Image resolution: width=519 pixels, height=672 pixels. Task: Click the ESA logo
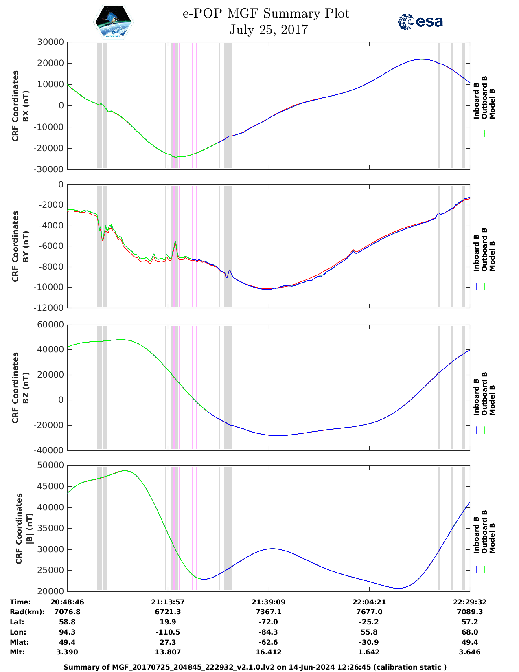click(420, 22)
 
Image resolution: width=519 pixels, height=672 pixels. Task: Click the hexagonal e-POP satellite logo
click(113, 22)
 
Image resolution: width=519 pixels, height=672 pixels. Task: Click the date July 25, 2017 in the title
click(268, 30)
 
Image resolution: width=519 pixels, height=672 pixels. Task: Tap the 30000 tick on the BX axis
click(50, 42)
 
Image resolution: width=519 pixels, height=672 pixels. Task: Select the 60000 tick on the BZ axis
click(50, 325)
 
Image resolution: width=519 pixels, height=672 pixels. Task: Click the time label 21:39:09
click(268, 602)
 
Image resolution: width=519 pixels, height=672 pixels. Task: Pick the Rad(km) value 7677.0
click(369, 612)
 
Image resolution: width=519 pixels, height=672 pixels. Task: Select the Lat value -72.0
click(268, 622)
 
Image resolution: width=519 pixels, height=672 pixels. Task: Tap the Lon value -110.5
click(168, 632)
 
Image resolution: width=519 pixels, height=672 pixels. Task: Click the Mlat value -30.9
click(369, 642)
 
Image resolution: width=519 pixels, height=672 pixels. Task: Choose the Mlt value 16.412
click(268, 652)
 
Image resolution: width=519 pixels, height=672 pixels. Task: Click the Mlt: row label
click(17, 652)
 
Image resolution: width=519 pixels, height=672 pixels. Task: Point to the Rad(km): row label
click(27, 612)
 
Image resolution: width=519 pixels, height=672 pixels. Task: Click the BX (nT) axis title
click(26, 106)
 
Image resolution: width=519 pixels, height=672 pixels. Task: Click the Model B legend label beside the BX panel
click(492, 103)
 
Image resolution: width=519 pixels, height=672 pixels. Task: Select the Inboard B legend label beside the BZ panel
click(476, 397)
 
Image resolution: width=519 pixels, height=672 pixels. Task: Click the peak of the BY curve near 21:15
click(175, 242)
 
